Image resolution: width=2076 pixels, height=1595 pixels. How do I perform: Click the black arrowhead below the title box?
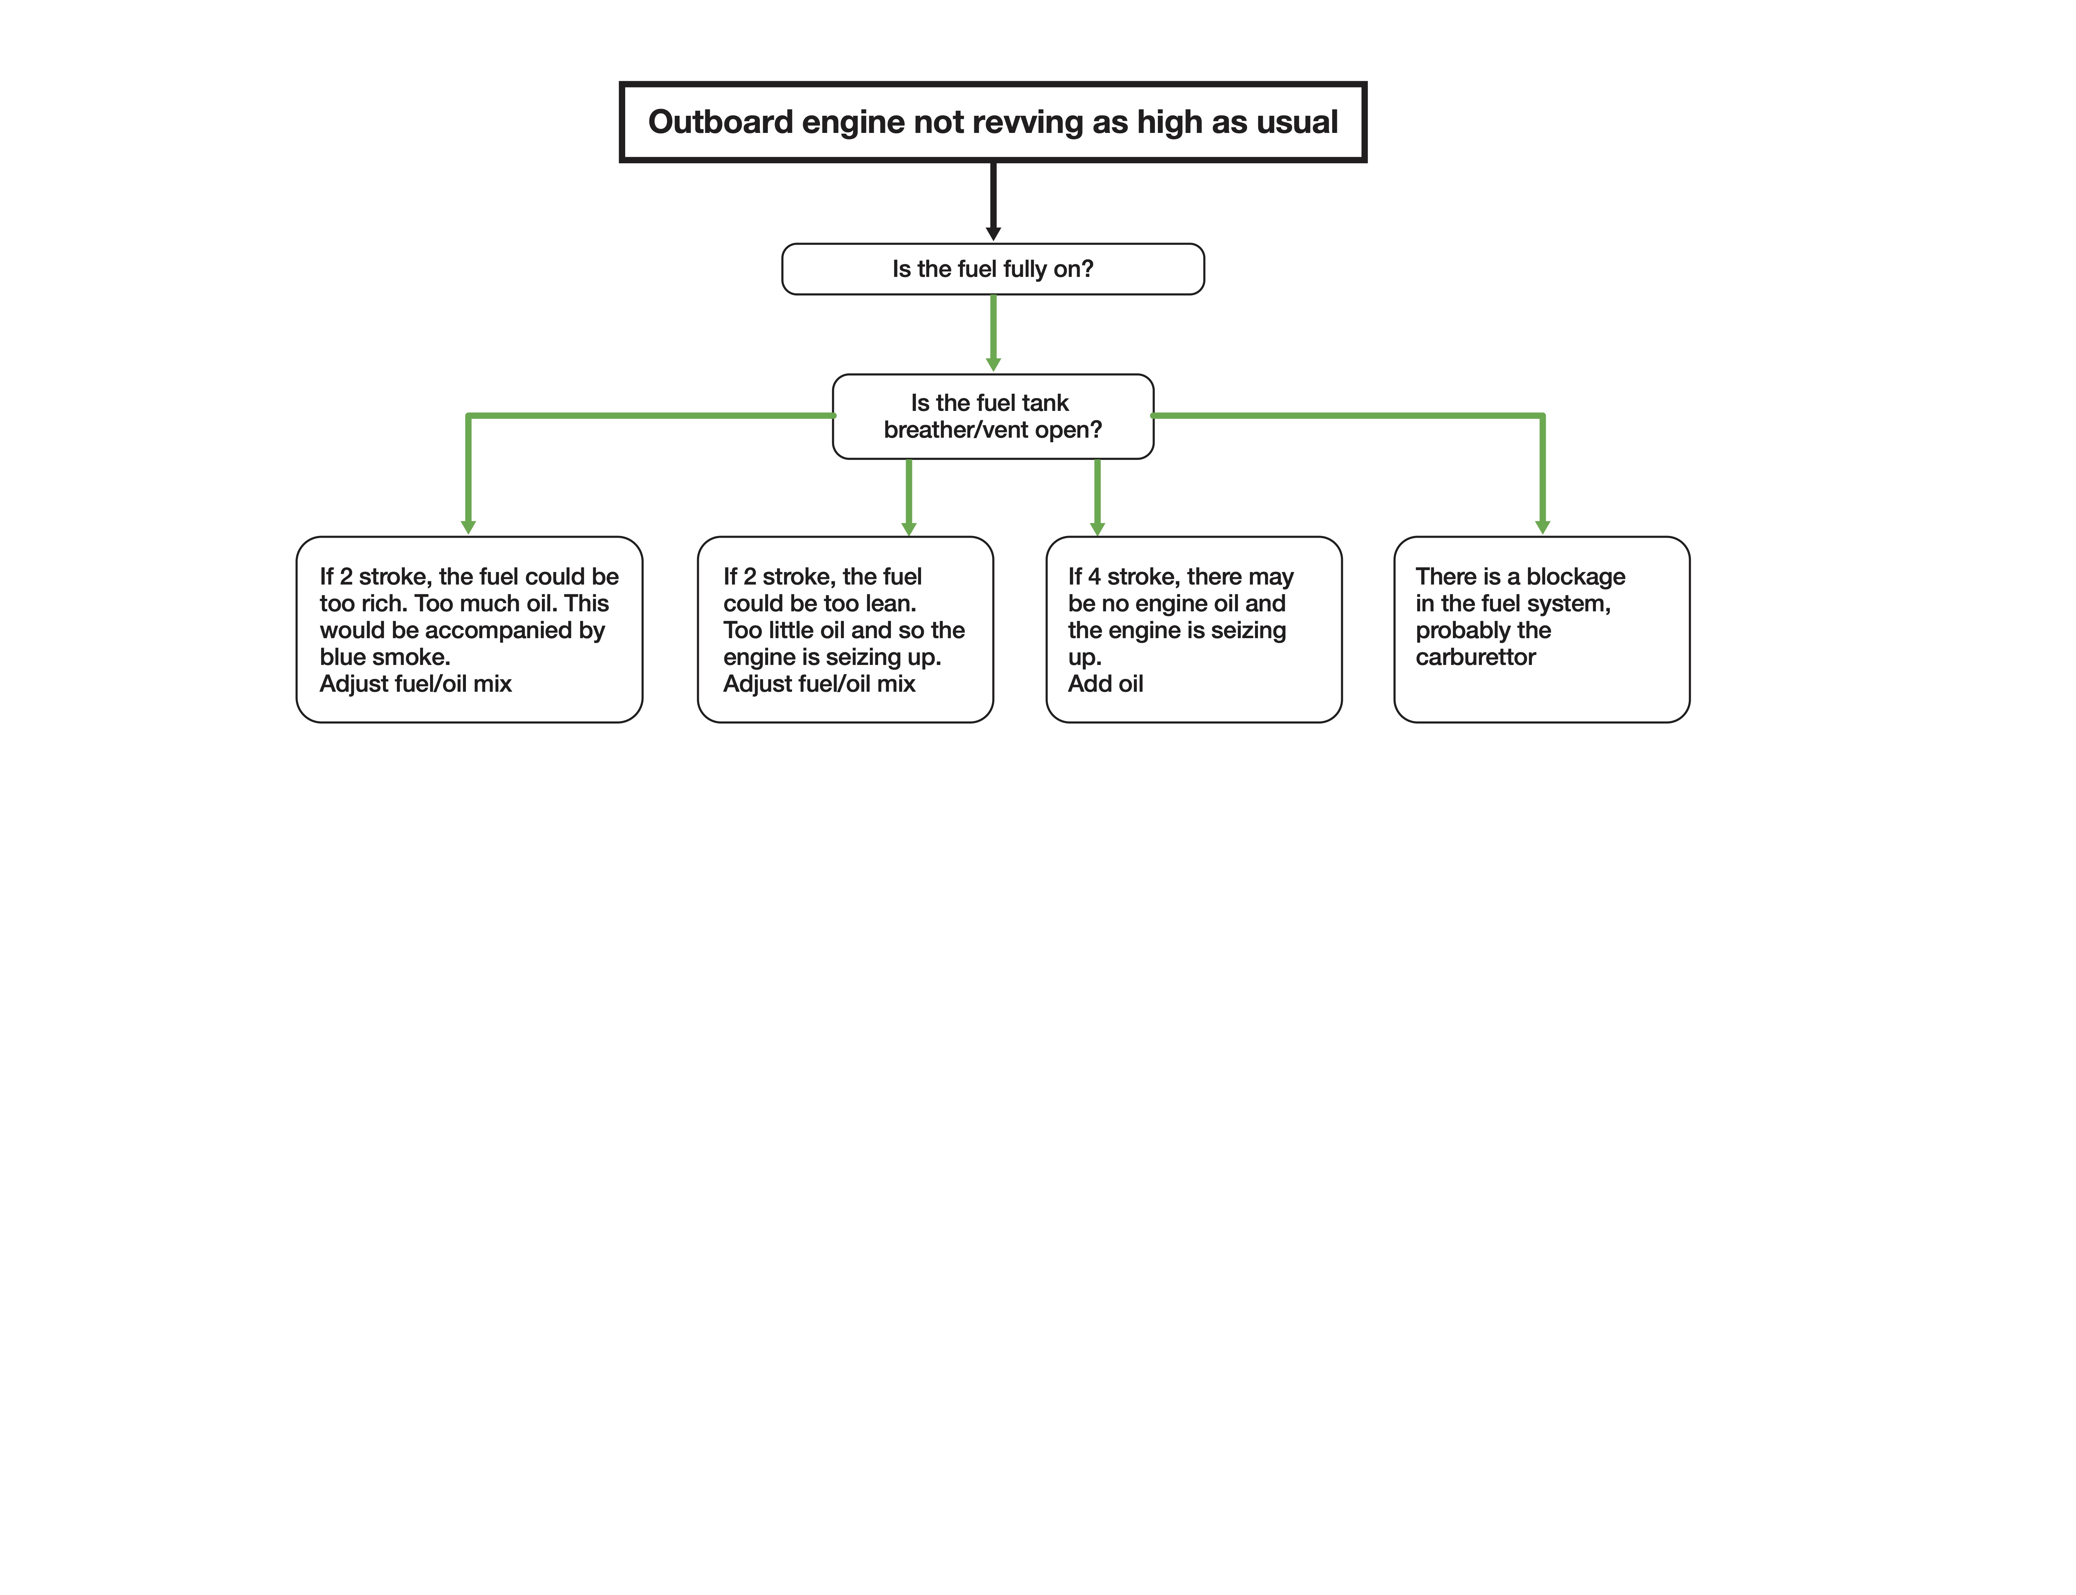(x=993, y=234)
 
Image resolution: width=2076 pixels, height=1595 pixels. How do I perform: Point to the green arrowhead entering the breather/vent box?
(x=993, y=364)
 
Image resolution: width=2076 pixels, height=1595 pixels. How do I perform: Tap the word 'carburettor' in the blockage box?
(x=1475, y=657)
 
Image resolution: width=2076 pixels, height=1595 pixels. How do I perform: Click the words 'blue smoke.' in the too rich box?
(x=384, y=657)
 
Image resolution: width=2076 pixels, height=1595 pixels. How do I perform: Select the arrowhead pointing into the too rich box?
(x=468, y=527)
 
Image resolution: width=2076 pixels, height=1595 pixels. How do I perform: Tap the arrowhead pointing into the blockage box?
(x=1543, y=527)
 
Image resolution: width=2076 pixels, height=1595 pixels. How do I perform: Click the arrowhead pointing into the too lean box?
(x=908, y=529)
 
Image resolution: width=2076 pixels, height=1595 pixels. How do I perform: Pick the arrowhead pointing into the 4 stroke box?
(x=1097, y=529)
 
